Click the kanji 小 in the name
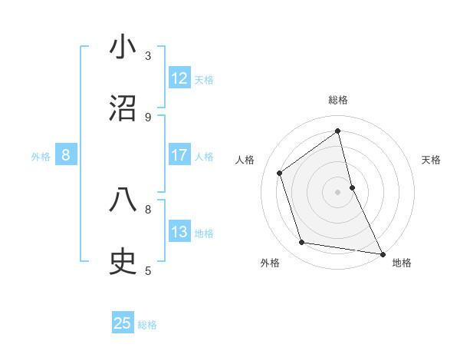(123, 48)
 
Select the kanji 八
(123, 200)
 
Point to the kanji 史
(123, 262)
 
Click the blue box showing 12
(179, 78)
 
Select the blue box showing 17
(179, 155)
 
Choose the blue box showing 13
(179, 232)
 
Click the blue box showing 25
(123, 323)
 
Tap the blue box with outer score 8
(66, 155)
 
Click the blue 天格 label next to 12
(204, 79)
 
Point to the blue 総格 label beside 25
(147, 324)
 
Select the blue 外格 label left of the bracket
(41, 156)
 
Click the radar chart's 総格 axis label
(338, 100)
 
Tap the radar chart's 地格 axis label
(402, 263)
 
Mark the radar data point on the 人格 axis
(280, 173)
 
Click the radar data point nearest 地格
(382, 253)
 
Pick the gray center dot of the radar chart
(338, 191)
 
